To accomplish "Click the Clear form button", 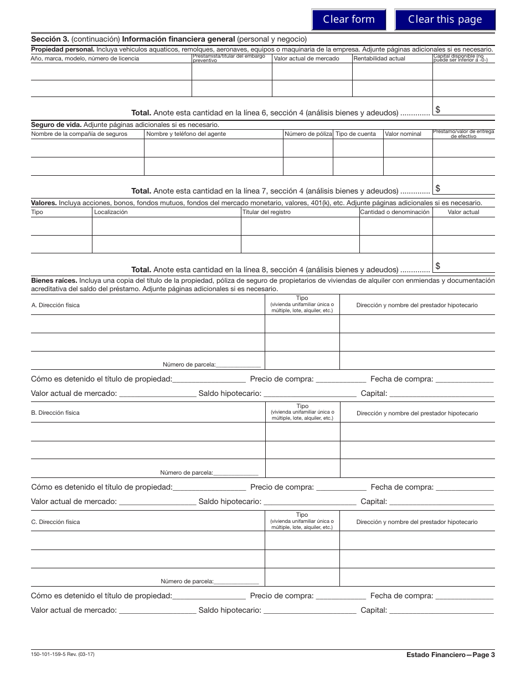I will coord(349,19).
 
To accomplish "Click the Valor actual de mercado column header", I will coord(307,58).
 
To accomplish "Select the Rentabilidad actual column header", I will coord(379,58).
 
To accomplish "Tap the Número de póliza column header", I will coord(308,134).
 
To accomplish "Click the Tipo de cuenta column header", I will coord(355,134).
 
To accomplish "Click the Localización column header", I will coord(111,212).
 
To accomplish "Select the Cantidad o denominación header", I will coord(395,212).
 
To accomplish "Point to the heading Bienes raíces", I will coord(54,281).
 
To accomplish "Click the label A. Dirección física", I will coord(55,305).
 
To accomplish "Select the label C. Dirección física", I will coord(55,522).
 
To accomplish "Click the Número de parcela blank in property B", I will coord(236,472).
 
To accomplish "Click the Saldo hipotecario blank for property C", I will coord(310,610).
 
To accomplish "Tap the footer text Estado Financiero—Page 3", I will coord(450,655).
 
